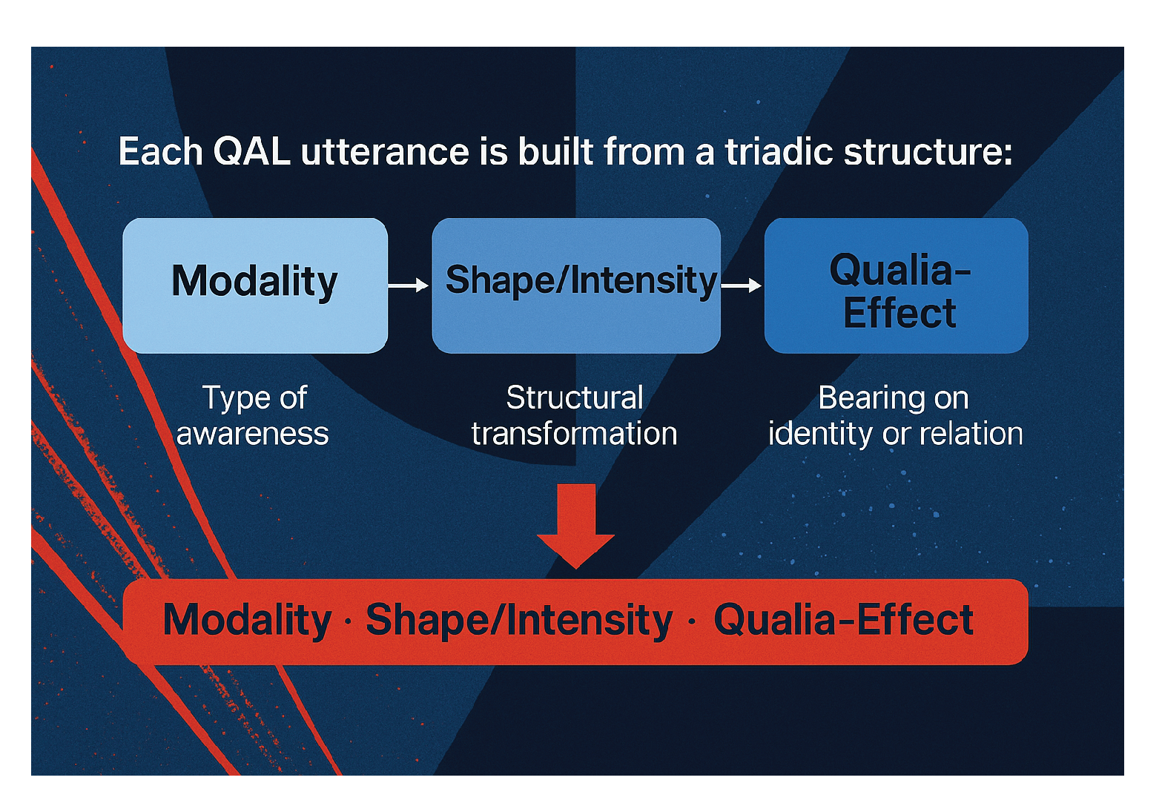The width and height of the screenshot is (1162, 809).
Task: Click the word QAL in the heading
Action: click(x=251, y=152)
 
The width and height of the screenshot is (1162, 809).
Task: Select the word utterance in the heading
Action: click(x=385, y=152)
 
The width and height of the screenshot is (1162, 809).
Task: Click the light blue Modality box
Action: click(x=254, y=285)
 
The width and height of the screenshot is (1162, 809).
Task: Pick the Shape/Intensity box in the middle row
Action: click(x=576, y=285)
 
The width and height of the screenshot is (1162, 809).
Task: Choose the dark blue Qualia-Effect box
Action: click(x=896, y=285)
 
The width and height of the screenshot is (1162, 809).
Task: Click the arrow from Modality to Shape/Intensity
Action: click(x=409, y=285)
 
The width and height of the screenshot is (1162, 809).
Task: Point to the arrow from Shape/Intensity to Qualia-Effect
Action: click(x=741, y=285)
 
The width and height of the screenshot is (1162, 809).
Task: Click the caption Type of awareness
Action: click(x=254, y=416)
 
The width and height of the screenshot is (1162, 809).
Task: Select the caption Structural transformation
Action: click(x=575, y=416)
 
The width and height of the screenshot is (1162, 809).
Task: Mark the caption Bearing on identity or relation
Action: click(x=895, y=416)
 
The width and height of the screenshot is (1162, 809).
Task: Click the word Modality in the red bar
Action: click(x=247, y=620)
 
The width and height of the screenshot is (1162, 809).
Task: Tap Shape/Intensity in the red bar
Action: click(x=519, y=620)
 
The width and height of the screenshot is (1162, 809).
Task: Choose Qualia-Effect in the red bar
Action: click(x=843, y=620)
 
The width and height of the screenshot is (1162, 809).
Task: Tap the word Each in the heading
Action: click(x=160, y=152)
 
